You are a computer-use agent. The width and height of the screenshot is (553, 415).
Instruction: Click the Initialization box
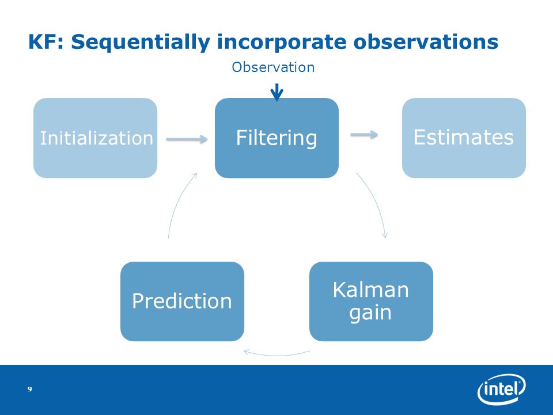95,138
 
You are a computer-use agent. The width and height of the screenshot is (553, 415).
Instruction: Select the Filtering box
277,138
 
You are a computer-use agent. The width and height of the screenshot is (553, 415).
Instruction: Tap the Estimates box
464,138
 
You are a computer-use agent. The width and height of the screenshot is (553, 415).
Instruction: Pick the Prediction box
183,301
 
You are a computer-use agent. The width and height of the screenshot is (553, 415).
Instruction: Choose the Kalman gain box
371,301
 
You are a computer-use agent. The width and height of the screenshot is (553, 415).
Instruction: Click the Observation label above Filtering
273,67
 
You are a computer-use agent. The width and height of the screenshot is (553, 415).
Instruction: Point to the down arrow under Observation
277,92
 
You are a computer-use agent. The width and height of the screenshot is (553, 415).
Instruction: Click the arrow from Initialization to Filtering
187,139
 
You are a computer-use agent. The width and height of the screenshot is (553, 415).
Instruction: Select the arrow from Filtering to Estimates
364,134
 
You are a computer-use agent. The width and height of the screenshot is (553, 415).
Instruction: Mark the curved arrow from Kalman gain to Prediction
277,355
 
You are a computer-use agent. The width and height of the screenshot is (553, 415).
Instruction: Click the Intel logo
501,389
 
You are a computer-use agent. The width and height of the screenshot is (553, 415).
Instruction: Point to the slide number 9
29,389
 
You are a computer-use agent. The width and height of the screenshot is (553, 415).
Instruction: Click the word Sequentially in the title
141,42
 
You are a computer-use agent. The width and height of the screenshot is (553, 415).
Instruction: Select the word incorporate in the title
282,43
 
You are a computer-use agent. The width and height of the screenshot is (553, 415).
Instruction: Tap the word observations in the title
426,41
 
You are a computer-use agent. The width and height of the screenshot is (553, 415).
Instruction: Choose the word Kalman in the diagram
370,290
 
